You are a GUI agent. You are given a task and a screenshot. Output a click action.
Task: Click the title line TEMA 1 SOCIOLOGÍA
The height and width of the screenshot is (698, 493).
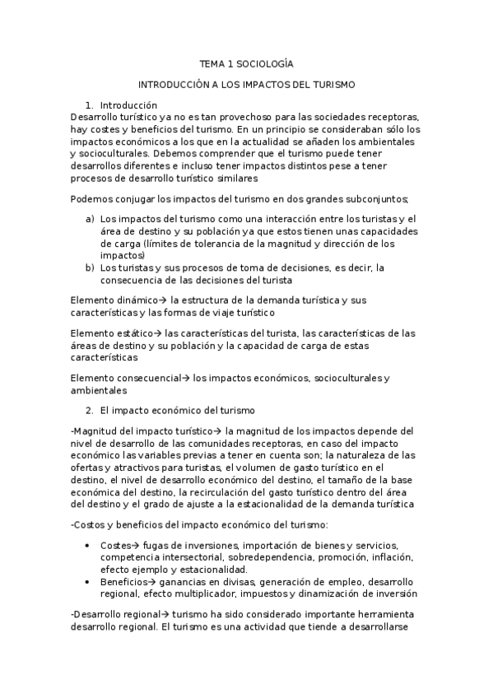coord(246,63)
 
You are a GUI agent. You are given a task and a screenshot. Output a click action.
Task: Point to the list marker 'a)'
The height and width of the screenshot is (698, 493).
coord(89,218)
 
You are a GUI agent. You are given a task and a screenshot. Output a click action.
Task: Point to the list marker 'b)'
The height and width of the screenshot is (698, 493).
coord(89,268)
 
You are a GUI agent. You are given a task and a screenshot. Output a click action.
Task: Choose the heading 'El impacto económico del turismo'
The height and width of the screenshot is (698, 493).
coord(178,410)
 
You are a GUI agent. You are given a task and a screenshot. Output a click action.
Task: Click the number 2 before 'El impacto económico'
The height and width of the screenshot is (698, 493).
coord(89,410)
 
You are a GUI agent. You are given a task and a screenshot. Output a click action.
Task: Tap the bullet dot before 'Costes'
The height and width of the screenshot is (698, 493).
coord(88,545)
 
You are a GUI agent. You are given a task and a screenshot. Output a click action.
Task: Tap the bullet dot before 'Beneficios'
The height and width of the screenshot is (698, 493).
coord(88,581)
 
